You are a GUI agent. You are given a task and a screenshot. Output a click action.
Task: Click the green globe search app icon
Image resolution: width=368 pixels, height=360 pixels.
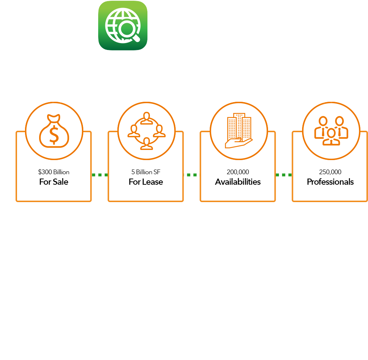coord(123,25)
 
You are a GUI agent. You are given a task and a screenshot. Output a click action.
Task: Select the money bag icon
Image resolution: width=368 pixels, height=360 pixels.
coord(54,131)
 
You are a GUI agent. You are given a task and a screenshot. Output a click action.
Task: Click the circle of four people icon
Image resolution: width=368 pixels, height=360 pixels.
coord(146,131)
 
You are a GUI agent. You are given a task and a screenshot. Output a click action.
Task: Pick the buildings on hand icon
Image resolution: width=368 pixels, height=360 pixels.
coord(238,131)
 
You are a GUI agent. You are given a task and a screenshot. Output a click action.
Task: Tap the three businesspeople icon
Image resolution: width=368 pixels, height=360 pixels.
coord(331,131)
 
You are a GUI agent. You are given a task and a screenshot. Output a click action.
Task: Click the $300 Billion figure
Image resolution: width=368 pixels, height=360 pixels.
coord(54,172)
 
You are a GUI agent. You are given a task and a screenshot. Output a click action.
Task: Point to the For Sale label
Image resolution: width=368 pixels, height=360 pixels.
coord(54,182)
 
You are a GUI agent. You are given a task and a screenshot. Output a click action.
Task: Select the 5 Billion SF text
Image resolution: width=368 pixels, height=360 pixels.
coord(146,172)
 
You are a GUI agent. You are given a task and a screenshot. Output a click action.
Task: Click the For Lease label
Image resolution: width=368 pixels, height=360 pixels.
coord(146,182)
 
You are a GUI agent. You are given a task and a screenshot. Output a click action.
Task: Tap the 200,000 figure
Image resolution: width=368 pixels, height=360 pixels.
coord(238,172)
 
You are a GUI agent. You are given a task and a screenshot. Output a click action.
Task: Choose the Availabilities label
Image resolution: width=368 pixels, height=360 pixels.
coord(238,182)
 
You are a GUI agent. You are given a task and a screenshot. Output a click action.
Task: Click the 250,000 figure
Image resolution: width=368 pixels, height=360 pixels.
coord(330,172)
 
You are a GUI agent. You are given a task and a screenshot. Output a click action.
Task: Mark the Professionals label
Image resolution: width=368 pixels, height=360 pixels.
coord(330,182)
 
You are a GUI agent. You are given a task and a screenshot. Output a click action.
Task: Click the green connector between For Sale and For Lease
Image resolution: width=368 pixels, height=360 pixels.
coord(100,175)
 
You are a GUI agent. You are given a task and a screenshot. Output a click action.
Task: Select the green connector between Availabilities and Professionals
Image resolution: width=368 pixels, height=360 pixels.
coord(284,175)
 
